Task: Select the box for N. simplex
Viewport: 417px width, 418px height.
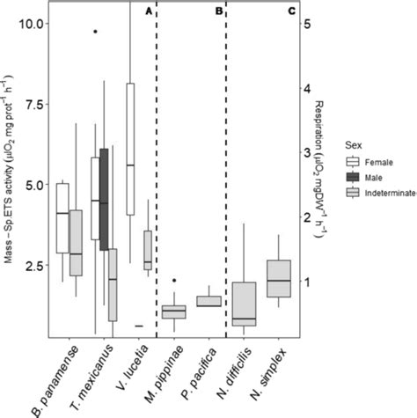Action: (x=279, y=278)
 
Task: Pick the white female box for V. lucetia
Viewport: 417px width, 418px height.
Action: (x=130, y=149)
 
